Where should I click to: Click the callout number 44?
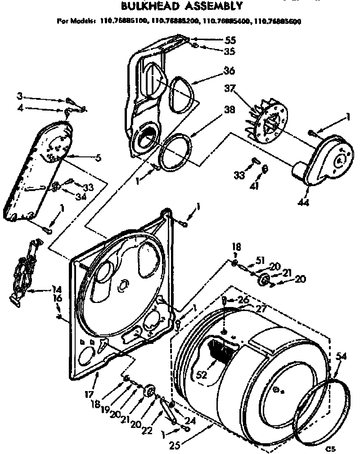302,191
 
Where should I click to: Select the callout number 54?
342,356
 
